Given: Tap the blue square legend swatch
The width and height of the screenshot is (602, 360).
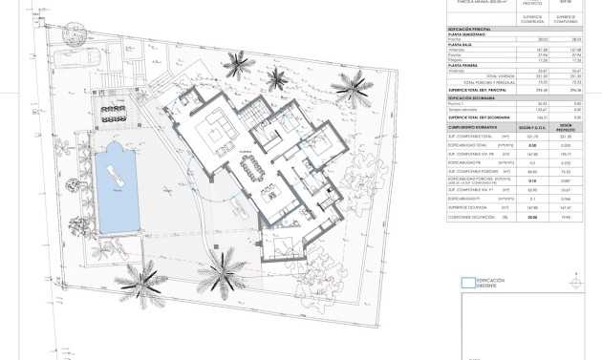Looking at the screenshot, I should pyautogui.click(x=466, y=282).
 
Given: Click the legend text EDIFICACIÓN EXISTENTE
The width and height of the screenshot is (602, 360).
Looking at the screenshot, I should pyautogui.click(x=493, y=282).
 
